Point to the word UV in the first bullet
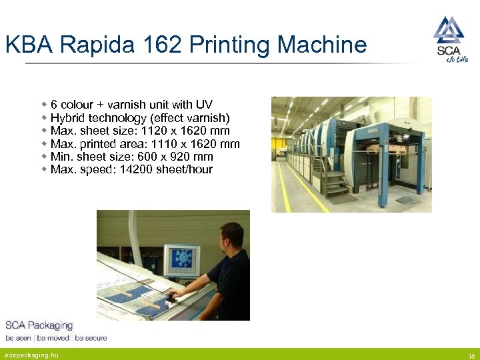click(204, 105)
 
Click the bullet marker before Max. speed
click(44, 169)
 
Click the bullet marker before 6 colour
click(44, 105)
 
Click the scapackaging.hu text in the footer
click(32, 355)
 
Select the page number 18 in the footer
click(471, 355)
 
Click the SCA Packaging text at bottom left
click(39, 325)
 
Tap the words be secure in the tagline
click(91, 338)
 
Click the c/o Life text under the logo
click(457, 59)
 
